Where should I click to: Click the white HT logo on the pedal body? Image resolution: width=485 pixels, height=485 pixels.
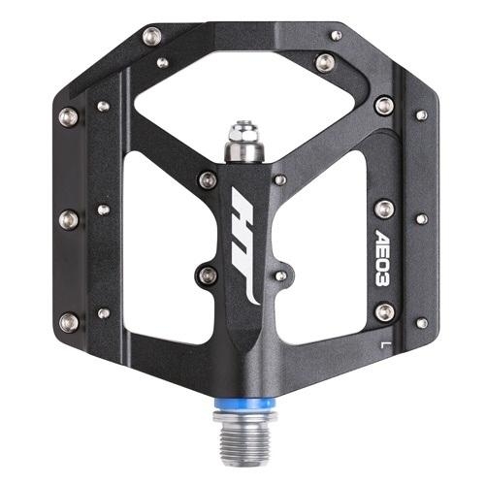click(245, 245)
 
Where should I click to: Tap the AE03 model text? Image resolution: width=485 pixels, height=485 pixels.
click(383, 257)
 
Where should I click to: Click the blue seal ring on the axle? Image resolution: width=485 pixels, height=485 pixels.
click(245, 404)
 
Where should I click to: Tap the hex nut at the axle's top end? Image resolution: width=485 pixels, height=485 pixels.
click(243, 130)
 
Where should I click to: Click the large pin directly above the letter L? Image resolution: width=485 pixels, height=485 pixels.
click(385, 312)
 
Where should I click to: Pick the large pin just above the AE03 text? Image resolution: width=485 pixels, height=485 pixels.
click(384, 209)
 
